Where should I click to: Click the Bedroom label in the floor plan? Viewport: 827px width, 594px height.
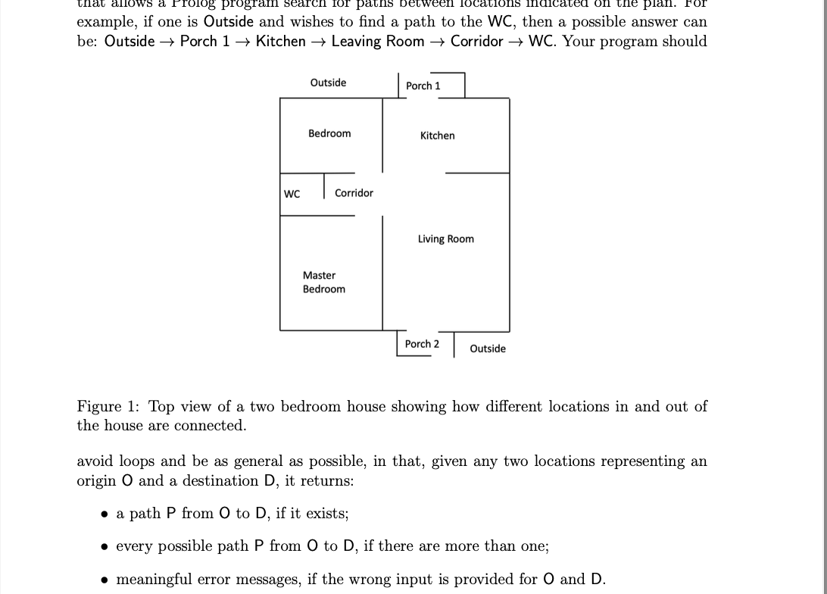[329, 133]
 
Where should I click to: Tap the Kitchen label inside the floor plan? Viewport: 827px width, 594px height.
[438, 136]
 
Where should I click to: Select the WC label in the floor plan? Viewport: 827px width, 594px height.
[292, 194]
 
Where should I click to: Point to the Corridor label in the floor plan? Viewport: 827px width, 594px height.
[354, 193]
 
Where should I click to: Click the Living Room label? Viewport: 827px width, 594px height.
[445, 239]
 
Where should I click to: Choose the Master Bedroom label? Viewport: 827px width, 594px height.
[323, 282]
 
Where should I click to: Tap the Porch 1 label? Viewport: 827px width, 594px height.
[423, 86]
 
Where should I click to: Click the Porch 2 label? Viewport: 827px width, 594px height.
[422, 344]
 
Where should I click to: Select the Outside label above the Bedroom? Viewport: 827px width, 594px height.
[328, 83]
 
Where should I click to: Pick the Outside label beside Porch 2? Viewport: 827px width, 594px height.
[488, 349]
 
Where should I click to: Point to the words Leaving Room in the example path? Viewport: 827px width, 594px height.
[377, 41]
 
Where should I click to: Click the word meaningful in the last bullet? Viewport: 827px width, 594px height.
[154, 580]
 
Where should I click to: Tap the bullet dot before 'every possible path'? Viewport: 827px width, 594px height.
[105, 547]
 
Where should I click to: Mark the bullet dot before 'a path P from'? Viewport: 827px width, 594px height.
[105, 514]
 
